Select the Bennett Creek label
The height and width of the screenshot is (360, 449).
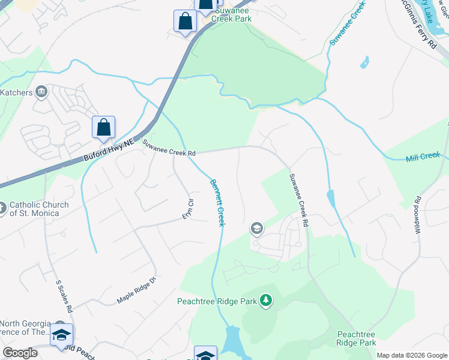(x=217, y=202)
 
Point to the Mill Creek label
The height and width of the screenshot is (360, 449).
(x=423, y=157)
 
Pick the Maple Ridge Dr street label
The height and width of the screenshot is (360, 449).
(x=136, y=290)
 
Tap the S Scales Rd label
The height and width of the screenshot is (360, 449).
(x=64, y=296)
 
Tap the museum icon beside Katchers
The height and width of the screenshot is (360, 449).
(x=41, y=92)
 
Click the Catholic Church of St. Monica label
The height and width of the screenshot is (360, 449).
(x=38, y=209)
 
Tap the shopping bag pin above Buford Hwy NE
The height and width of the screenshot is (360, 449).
(x=103, y=127)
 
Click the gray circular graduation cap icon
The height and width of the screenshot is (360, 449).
(x=256, y=228)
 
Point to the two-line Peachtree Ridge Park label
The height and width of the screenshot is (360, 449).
(x=356, y=338)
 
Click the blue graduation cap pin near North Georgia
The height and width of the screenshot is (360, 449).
(x=61, y=335)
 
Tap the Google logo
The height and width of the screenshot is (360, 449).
(x=20, y=353)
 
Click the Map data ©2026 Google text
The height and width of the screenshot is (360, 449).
(x=411, y=355)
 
